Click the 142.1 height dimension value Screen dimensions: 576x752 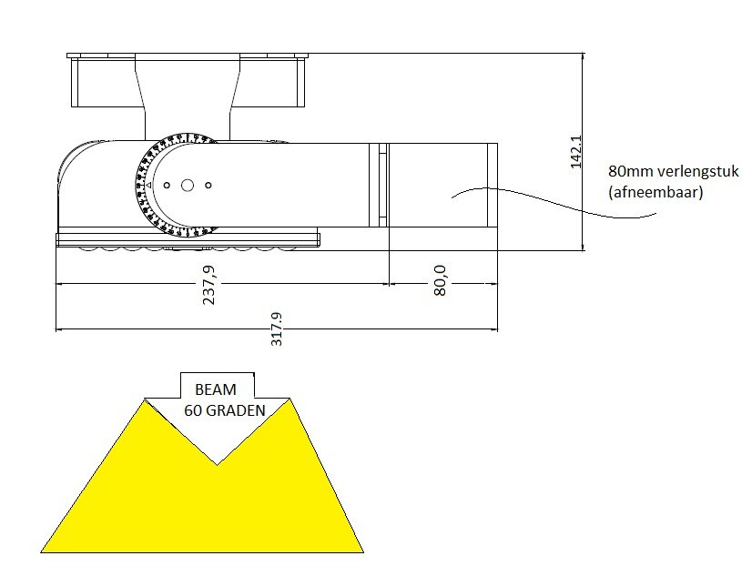pos(574,152)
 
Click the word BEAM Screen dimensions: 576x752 pos(215,389)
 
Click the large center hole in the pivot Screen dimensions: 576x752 pos(188,185)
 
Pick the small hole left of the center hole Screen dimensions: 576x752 pos(168,185)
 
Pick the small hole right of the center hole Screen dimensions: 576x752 pos(208,185)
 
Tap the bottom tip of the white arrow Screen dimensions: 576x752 pos(217,462)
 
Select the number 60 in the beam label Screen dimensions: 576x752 pos(193,409)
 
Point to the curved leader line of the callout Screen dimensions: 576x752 pos(546,200)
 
